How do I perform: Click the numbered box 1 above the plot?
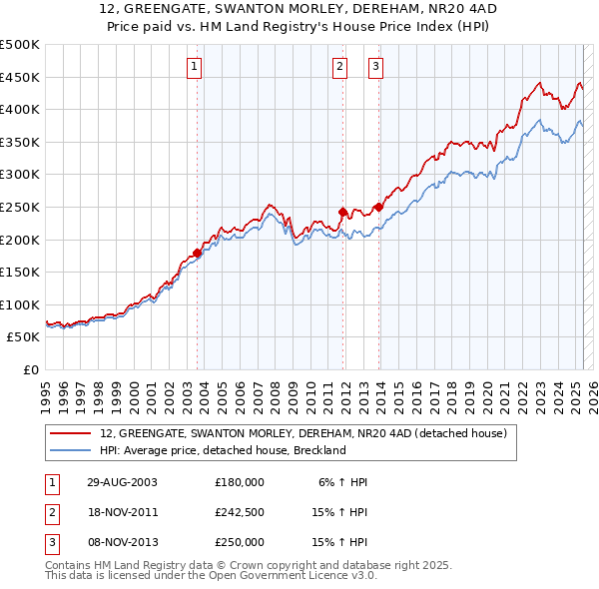[194, 68]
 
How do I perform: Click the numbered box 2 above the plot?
[339, 68]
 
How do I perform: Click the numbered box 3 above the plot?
[375, 68]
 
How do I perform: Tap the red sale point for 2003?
[198, 253]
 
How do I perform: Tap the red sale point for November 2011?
[343, 212]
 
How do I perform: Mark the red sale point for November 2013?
[378, 207]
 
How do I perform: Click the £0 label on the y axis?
[31, 369]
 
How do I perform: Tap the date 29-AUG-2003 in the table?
[122, 481]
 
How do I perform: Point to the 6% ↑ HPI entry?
[342, 481]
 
